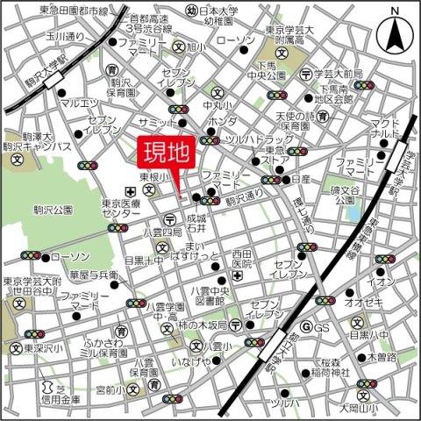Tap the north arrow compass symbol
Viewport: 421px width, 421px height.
point(394,34)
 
